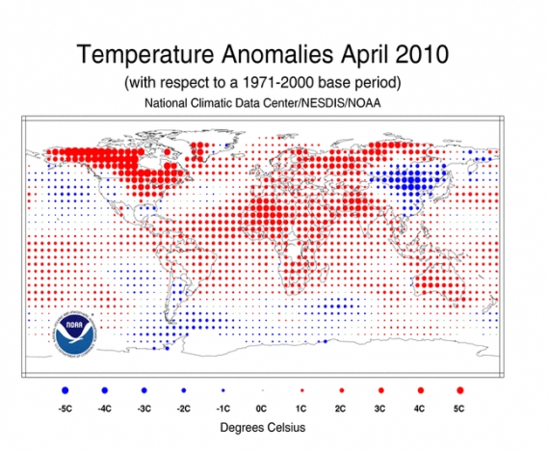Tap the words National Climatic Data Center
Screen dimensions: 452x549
click(x=230, y=102)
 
